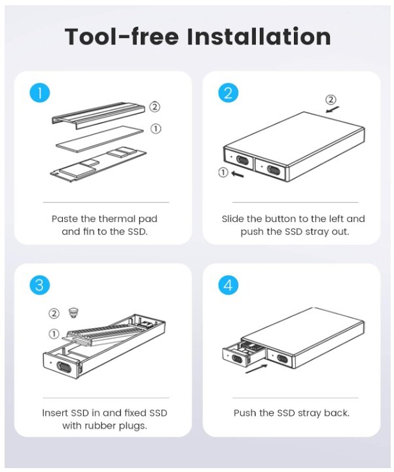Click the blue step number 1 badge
coord(39,92)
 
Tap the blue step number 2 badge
coord(228,92)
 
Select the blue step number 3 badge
coord(39,285)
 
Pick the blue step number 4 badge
coord(228,285)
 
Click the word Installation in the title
coord(259,37)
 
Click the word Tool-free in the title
coord(122,37)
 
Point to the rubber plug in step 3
coord(73,313)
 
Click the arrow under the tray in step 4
coord(257,369)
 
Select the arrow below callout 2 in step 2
coord(332,109)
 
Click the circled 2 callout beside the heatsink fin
coord(154,107)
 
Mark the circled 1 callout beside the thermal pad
coord(156,128)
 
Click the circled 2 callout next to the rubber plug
coord(54,314)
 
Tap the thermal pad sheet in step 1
coord(99,139)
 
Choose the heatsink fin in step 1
coord(99,115)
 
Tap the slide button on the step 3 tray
coord(63,367)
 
